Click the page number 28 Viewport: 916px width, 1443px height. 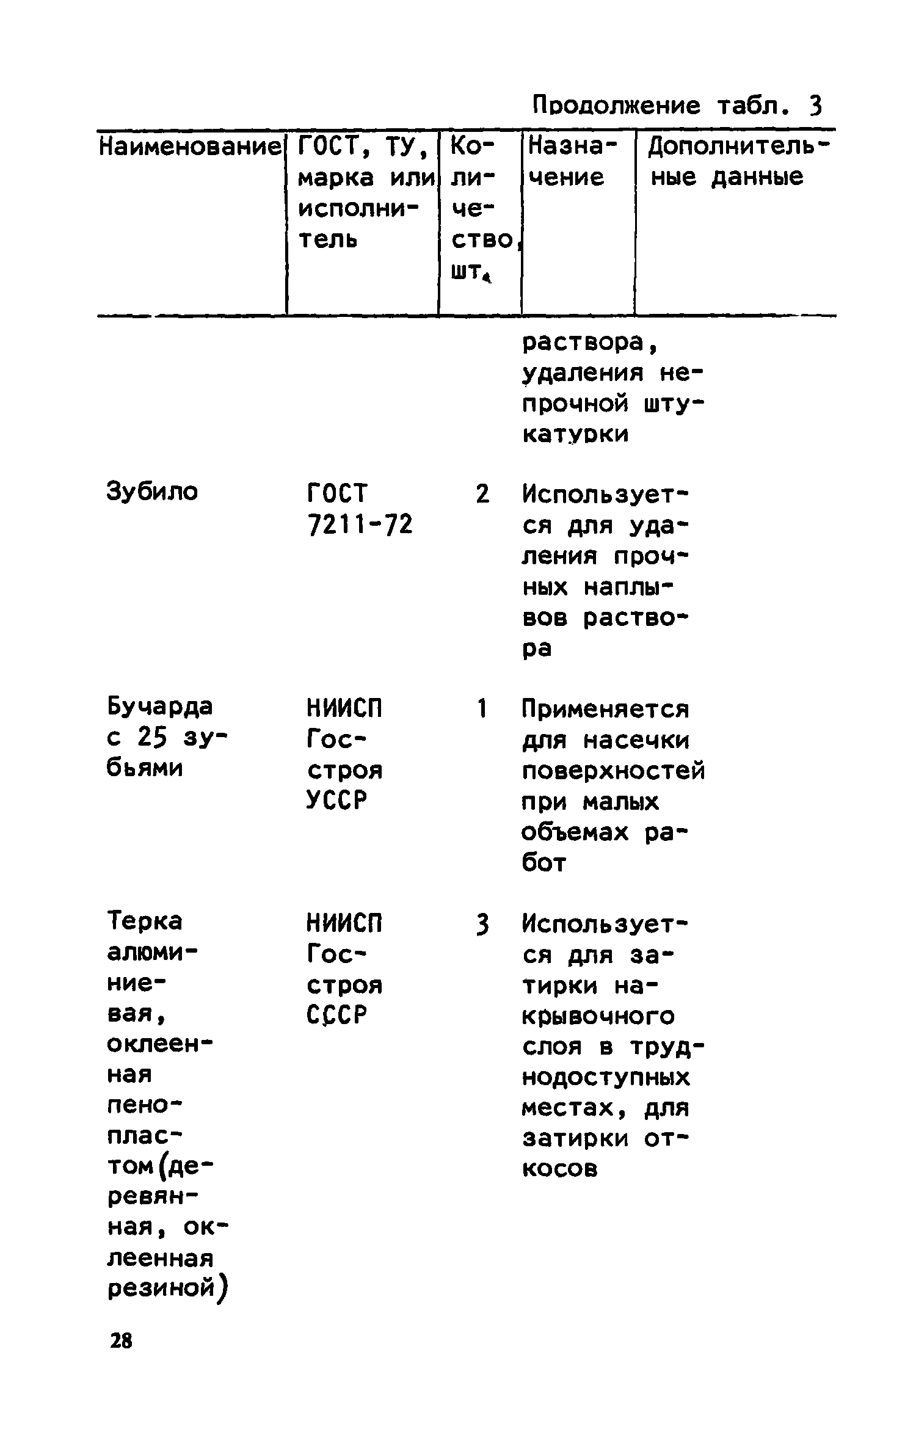point(120,1341)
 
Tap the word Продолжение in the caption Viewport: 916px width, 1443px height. point(616,106)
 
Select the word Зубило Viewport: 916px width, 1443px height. point(152,491)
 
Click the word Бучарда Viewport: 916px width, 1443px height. point(159,707)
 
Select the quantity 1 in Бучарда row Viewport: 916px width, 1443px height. point(482,708)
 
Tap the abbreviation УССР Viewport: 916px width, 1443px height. point(336,800)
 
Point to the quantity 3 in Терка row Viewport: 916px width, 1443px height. point(482,925)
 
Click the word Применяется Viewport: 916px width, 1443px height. point(605,710)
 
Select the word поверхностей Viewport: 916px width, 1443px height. point(613,771)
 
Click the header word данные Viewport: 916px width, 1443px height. point(757,178)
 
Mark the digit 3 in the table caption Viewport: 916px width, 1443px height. point(816,107)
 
